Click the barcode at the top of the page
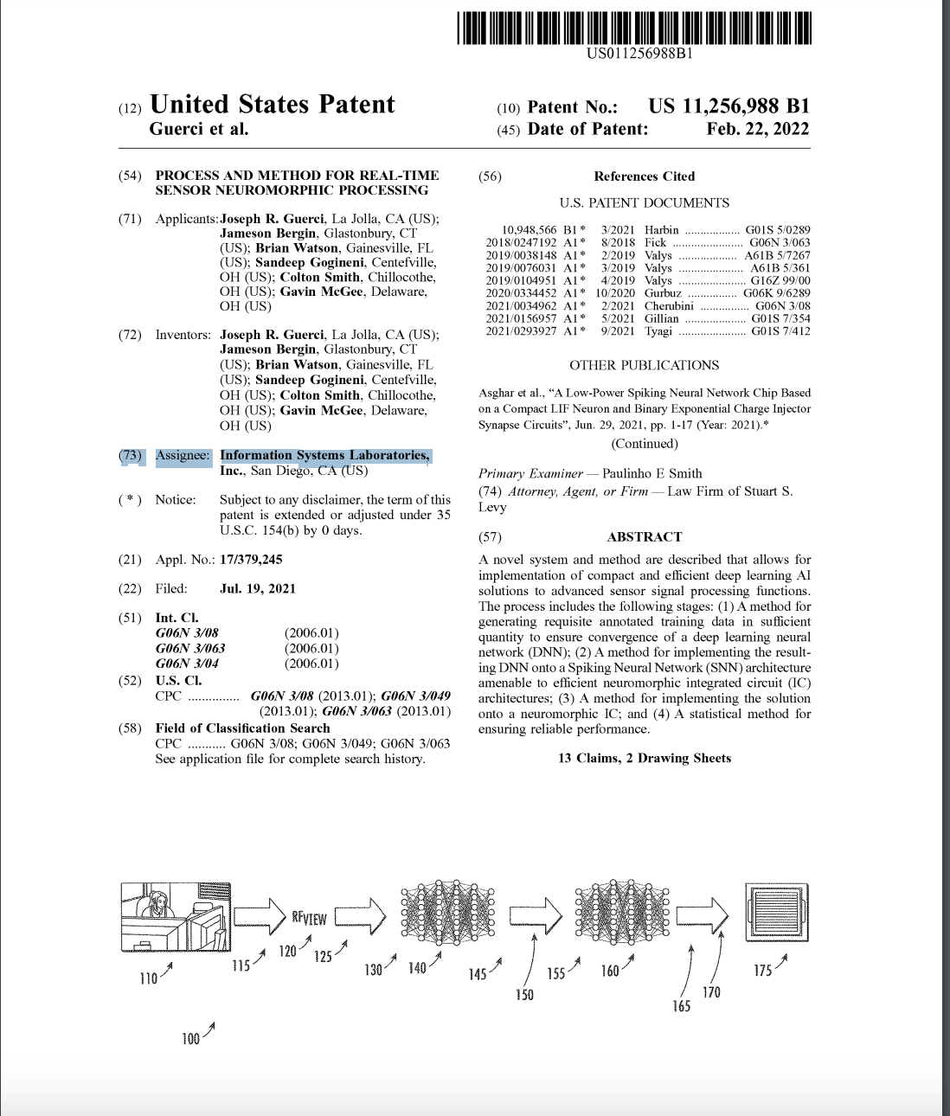pyautogui.click(x=634, y=28)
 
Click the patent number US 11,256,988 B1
pyautogui.click(x=729, y=106)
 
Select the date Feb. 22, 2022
pyautogui.click(x=757, y=129)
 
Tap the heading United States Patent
pyautogui.click(x=272, y=105)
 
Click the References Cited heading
pyautogui.click(x=644, y=176)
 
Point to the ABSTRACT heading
pyautogui.click(x=644, y=537)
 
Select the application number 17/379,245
pyautogui.click(x=251, y=560)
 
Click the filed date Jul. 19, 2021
pyautogui.click(x=257, y=589)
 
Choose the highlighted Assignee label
pyautogui.click(x=183, y=456)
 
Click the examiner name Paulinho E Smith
pyautogui.click(x=652, y=474)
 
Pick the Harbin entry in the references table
pyautogui.click(x=662, y=230)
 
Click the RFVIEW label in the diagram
pyautogui.click(x=309, y=918)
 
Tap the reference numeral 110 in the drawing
pyautogui.click(x=149, y=978)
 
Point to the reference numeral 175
pyautogui.click(x=762, y=971)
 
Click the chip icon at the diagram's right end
pyautogui.click(x=777, y=914)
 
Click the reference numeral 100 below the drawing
pyautogui.click(x=190, y=1039)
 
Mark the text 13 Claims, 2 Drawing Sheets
pyautogui.click(x=644, y=759)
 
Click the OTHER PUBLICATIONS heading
pyautogui.click(x=644, y=366)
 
